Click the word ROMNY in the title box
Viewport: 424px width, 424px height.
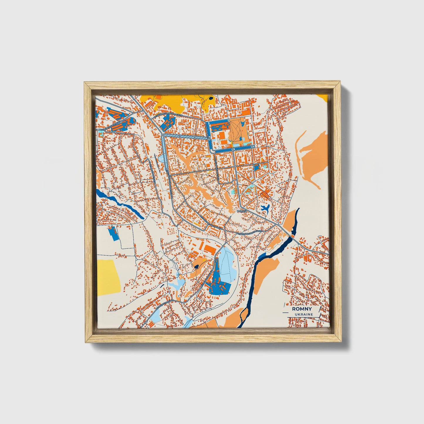tap(302, 309)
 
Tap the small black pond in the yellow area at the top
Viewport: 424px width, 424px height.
tap(211, 99)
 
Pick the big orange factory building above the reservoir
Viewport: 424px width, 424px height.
tap(210, 249)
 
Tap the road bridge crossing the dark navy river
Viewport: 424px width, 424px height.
tap(293, 235)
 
